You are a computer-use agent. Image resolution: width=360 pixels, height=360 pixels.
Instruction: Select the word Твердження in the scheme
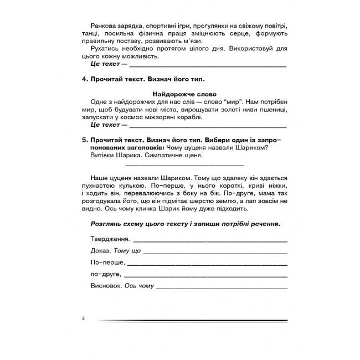coord(109,239)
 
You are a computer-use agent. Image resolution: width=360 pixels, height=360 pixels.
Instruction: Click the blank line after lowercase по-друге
coord(205,276)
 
